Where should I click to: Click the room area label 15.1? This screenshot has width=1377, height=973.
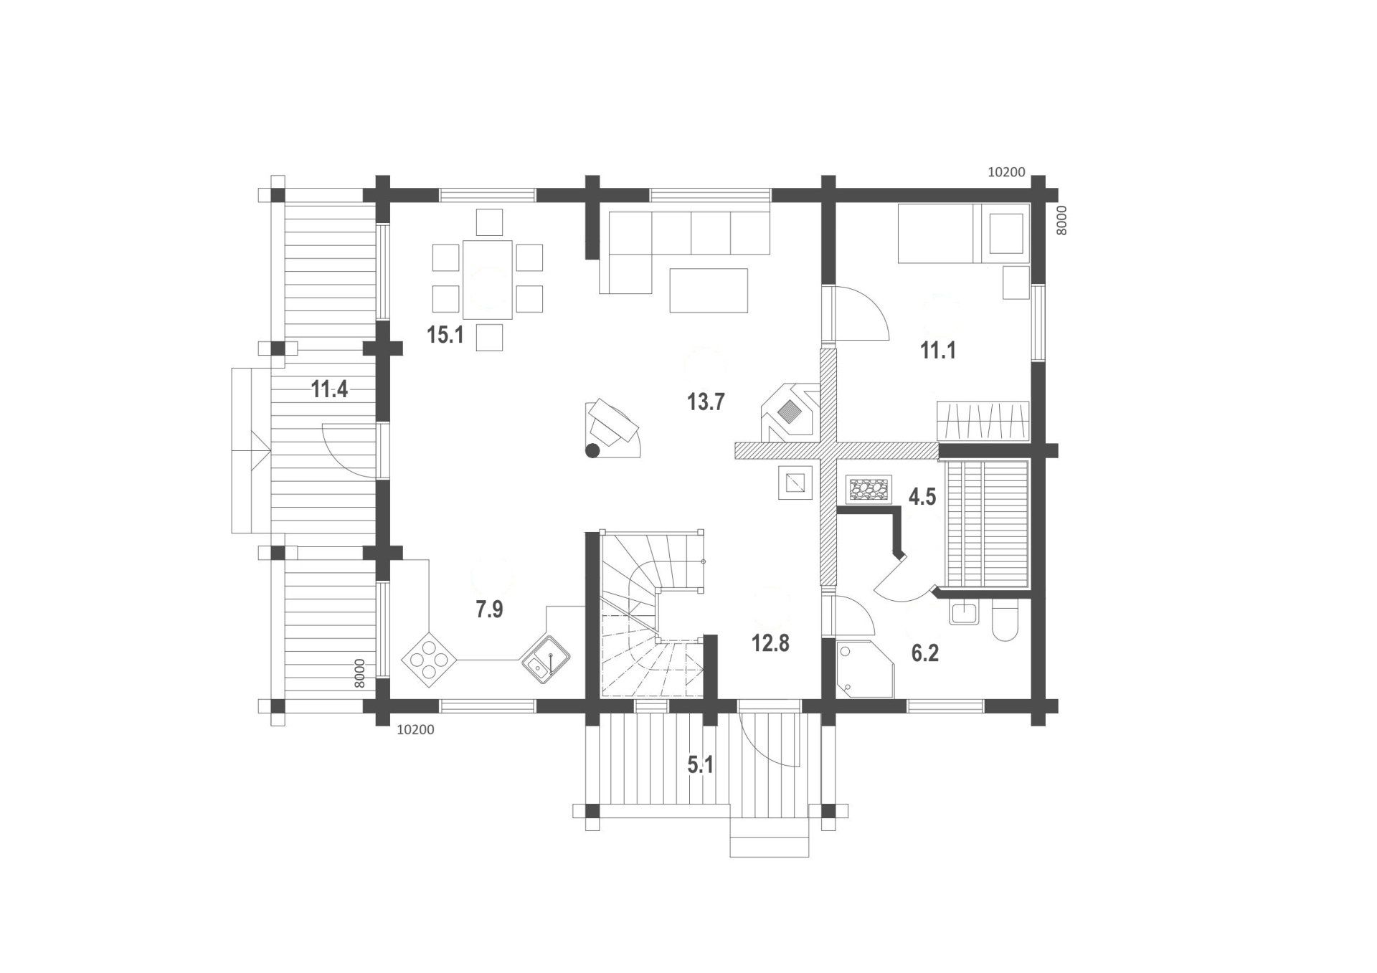[x=445, y=335]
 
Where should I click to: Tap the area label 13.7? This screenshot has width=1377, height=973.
[x=706, y=402]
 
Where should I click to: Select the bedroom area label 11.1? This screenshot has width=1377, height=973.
[x=938, y=351]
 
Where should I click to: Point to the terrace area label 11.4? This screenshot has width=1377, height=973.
[x=329, y=390]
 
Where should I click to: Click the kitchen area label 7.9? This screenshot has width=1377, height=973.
[x=489, y=610]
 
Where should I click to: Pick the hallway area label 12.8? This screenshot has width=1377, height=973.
[x=770, y=643]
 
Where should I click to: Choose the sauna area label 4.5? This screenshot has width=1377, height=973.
[x=922, y=497]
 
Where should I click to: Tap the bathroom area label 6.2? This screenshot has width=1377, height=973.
[x=925, y=654]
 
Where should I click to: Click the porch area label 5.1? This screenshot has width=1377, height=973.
[x=701, y=765]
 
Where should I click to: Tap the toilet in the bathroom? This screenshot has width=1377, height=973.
[x=1005, y=621]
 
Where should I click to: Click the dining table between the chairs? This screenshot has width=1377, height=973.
[x=488, y=280]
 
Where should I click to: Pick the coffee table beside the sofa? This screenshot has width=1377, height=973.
[x=709, y=290]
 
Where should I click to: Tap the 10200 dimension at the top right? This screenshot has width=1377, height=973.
[x=1006, y=172]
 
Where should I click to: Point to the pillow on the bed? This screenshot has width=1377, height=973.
[x=1006, y=233]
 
